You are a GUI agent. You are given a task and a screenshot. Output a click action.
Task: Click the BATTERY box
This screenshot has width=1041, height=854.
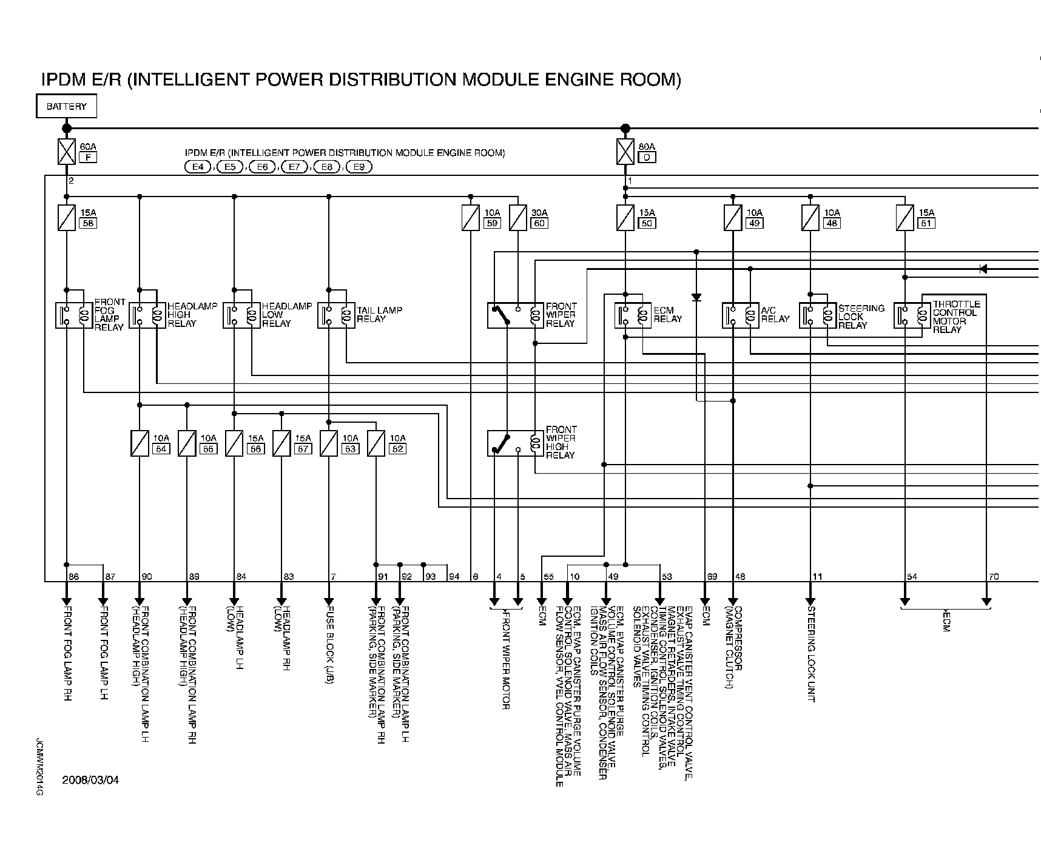click(x=67, y=107)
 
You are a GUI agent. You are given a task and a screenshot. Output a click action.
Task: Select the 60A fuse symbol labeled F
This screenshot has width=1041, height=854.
click(x=66, y=152)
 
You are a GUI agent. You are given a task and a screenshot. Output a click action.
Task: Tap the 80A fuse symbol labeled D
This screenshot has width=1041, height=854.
click(x=625, y=152)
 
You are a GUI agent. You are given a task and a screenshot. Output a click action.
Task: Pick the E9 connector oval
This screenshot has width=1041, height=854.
click(x=359, y=167)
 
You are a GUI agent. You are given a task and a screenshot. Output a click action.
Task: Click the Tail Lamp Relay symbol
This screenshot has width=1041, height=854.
click(x=337, y=315)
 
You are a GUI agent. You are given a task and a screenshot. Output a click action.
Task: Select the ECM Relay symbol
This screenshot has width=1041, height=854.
click(x=633, y=315)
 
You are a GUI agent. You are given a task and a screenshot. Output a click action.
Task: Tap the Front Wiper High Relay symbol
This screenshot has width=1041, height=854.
click(x=516, y=443)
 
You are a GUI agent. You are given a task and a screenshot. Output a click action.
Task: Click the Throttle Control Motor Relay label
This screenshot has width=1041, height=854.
click(x=956, y=317)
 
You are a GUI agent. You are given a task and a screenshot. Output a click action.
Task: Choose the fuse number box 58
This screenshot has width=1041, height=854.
click(x=88, y=223)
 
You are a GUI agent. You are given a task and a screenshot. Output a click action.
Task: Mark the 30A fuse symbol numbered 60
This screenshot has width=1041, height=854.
click(x=517, y=218)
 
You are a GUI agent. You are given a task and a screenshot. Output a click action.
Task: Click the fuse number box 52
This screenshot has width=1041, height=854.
click(x=397, y=449)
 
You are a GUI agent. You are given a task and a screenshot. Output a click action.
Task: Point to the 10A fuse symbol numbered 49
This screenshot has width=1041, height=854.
click(x=733, y=218)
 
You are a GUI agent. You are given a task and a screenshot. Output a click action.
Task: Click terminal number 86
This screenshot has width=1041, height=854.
click(x=73, y=576)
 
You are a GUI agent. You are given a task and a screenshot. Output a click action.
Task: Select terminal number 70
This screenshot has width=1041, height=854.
click(x=993, y=576)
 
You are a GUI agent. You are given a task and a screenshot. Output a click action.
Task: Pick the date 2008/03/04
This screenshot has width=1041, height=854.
click(x=90, y=780)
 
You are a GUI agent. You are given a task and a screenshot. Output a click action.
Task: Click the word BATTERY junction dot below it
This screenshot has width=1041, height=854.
click(x=67, y=129)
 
